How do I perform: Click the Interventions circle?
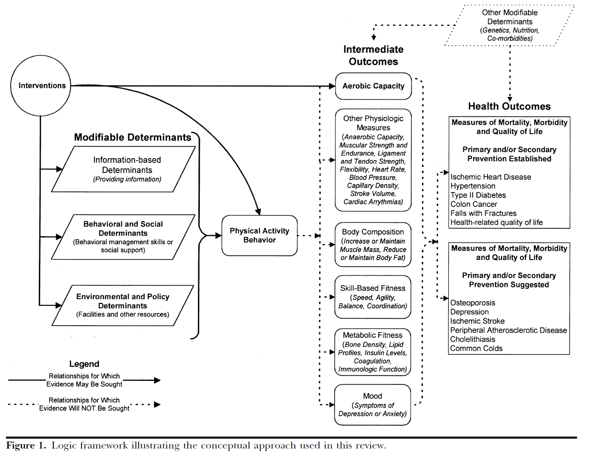(x=42, y=86)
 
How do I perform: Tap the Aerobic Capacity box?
(x=373, y=86)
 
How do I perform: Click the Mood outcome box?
(x=372, y=405)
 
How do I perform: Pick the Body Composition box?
(x=373, y=245)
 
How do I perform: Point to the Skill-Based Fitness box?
(x=373, y=297)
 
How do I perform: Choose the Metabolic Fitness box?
(x=373, y=351)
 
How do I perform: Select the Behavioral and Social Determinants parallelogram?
(x=123, y=237)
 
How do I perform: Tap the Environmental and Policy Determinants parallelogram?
(x=123, y=305)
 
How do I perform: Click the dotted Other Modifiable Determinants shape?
(x=509, y=25)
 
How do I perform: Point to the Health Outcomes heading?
(x=509, y=106)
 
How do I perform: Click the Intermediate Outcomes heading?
(x=373, y=55)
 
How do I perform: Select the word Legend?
(x=84, y=364)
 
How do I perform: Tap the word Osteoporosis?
(x=473, y=303)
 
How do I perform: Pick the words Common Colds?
(x=476, y=348)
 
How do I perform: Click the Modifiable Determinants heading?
(x=133, y=137)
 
